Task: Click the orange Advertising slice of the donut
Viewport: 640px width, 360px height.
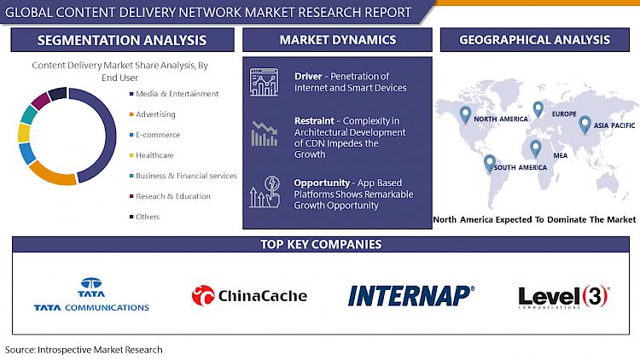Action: (x=51, y=175)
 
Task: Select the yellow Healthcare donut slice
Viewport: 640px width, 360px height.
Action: (x=24, y=132)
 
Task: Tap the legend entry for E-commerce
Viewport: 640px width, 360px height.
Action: (x=154, y=135)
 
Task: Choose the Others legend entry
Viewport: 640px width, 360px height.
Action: (x=144, y=217)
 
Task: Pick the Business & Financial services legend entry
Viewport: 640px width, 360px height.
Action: (x=183, y=176)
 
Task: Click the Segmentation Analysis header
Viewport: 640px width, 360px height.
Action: (x=122, y=40)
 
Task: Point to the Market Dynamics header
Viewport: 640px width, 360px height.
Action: (x=337, y=40)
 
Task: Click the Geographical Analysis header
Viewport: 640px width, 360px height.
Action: (x=535, y=40)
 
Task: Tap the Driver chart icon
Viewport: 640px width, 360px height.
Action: (x=264, y=82)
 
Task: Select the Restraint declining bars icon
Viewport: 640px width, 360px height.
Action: (x=264, y=133)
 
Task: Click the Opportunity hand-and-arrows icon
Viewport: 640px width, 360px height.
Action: (x=265, y=191)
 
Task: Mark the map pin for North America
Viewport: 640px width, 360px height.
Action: (x=465, y=114)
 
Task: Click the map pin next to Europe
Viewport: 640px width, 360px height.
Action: (x=538, y=109)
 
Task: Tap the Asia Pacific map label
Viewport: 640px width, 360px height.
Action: (x=614, y=125)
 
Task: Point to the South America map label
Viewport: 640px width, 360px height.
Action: (x=521, y=167)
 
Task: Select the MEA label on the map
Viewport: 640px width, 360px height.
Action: (x=561, y=155)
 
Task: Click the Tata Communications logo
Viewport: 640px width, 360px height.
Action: (x=91, y=294)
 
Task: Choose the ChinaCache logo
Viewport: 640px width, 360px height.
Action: (x=249, y=295)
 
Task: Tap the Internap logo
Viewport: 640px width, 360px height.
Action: (x=411, y=295)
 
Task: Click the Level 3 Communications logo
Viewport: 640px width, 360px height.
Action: (x=564, y=297)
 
